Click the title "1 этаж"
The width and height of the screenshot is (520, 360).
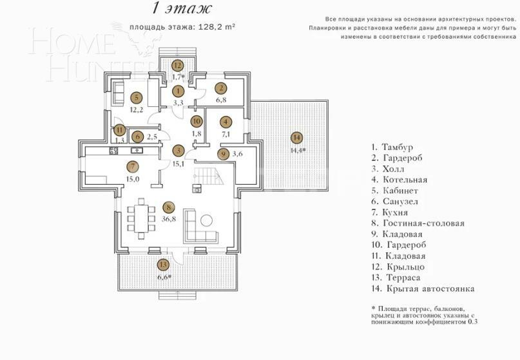coord(172,8)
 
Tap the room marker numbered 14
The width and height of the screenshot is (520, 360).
coord(296,137)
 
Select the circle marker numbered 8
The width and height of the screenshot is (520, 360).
coord(168,207)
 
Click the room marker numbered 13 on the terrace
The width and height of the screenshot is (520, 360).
coord(163,264)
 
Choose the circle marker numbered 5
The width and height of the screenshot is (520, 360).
coord(135,97)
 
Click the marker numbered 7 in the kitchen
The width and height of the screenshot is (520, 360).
coord(132,166)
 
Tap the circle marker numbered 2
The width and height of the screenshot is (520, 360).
coord(220,89)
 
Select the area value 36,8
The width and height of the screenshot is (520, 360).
coord(168,220)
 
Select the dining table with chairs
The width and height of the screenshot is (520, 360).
coord(142,218)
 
